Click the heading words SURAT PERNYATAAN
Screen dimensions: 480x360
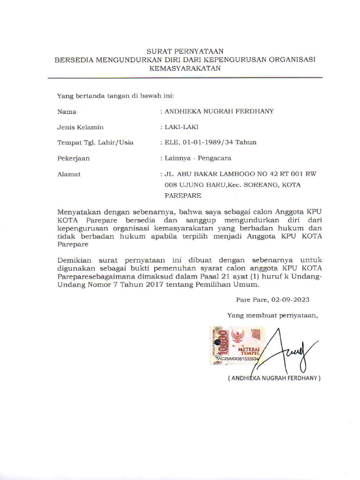point(185,51)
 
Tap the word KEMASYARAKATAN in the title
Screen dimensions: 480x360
point(185,68)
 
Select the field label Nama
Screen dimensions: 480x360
point(67,112)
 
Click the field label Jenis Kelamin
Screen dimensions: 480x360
point(80,127)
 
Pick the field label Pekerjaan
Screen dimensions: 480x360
point(73,158)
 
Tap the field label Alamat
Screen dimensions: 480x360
point(69,174)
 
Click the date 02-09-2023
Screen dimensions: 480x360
point(289,300)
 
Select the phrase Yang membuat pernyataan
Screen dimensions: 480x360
point(272,315)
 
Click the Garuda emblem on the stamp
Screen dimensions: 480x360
point(238,336)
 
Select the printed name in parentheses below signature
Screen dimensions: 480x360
point(274,378)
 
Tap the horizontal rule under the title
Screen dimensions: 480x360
point(185,77)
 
